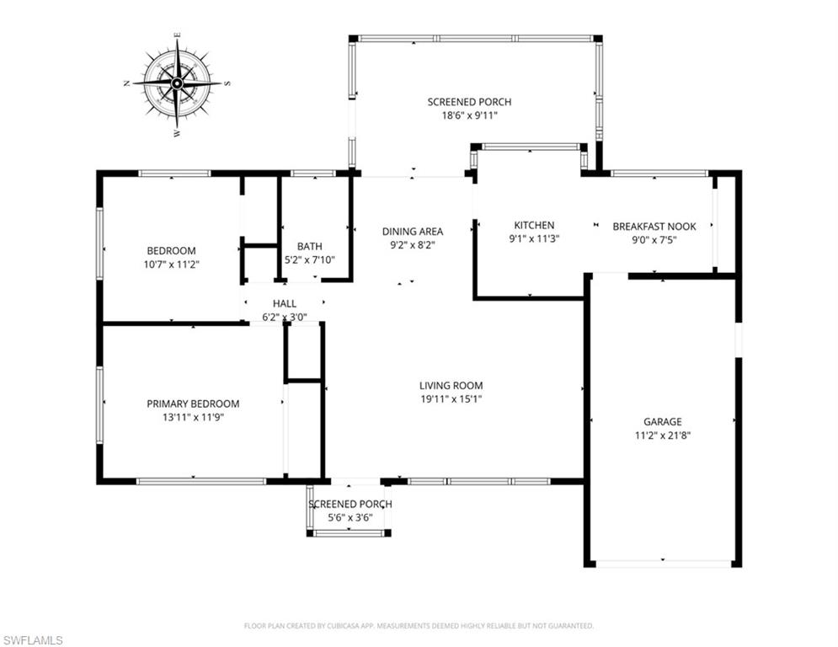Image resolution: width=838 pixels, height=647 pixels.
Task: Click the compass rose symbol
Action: click(x=177, y=83)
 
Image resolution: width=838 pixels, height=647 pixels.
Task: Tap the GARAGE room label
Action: click(x=663, y=422)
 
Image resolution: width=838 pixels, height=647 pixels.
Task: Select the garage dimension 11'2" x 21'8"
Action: click(x=663, y=436)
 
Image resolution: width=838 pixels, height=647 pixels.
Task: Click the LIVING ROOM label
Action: click(x=451, y=386)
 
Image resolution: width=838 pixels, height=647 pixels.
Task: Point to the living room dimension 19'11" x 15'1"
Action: click(x=451, y=399)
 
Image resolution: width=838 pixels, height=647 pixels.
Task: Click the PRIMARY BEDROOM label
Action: click(x=193, y=404)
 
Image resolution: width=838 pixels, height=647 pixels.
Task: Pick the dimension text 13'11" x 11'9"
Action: click(x=193, y=417)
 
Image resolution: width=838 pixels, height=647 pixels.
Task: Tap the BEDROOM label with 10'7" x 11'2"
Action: click(x=171, y=250)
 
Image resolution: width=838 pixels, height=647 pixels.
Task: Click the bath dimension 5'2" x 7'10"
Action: click(x=309, y=259)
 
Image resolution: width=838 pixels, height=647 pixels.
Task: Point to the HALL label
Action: click(x=284, y=303)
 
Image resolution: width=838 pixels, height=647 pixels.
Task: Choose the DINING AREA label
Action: click(x=412, y=232)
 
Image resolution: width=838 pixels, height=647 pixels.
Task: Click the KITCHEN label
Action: click(x=534, y=225)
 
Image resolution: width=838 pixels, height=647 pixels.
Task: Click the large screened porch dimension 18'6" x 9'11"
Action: click(x=469, y=115)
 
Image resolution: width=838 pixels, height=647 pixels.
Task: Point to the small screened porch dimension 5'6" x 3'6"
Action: click(x=350, y=518)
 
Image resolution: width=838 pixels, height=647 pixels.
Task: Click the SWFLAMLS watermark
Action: click(x=33, y=640)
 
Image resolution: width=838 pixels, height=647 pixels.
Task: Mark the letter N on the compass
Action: click(x=126, y=83)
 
